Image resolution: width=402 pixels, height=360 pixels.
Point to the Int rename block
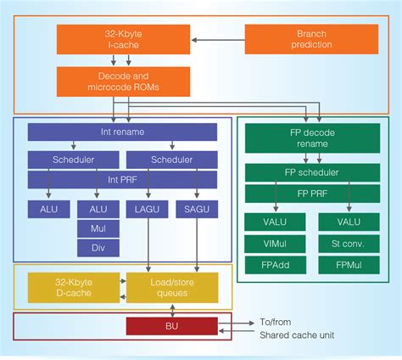point(122,132)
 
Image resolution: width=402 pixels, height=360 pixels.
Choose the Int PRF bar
point(122,180)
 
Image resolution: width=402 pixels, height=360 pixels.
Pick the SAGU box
point(198,208)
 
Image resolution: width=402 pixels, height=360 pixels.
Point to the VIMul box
point(270,243)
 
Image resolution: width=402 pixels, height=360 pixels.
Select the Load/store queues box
point(171,288)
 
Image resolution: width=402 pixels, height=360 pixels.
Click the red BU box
point(171,326)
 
